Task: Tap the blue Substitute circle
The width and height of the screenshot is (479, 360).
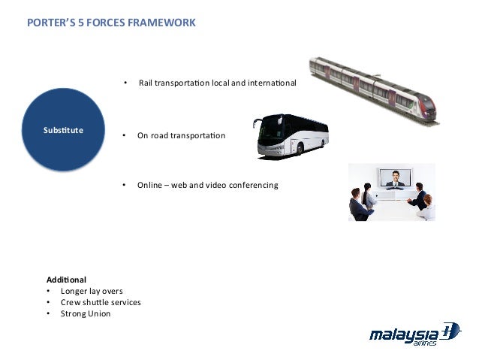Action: pos(64,131)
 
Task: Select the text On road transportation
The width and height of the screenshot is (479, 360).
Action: pos(181,136)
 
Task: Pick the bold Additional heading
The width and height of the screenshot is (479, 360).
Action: pos(66,279)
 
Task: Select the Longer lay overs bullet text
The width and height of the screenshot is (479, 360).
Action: pos(92,291)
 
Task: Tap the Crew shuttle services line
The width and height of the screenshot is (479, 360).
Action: pos(101,302)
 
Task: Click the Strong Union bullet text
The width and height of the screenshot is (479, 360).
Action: pos(86,313)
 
